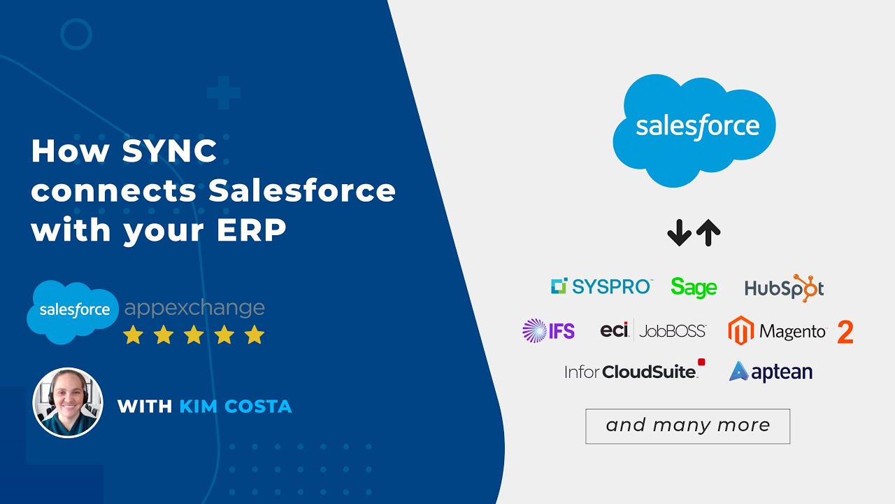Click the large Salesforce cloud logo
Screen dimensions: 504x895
pos(694,129)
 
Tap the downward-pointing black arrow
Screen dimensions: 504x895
pos(679,232)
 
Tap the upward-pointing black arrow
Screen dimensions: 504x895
pos(708,232)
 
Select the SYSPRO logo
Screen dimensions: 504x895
pos(601,286)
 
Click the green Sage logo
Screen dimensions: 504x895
pos(694,287)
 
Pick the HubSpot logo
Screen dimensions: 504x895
pos(784,288)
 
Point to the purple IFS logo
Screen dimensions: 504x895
pos(549,330)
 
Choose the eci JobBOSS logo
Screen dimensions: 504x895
pos(653,330)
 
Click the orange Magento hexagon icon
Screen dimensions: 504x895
pos(740,330)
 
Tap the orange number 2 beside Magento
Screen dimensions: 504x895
pos(845,332)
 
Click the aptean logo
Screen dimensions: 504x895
pos(771,371)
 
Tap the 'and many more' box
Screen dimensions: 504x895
pos(687,426)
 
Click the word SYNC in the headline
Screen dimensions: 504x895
pos(170,152)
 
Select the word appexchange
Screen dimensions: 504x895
pos(194,308)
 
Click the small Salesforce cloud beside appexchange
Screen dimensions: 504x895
pos(73,310)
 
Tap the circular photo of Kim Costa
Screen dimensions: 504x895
pos(68,402)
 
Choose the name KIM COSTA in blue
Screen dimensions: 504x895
pos(236,406)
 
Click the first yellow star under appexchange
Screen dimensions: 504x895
pos(133,335)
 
